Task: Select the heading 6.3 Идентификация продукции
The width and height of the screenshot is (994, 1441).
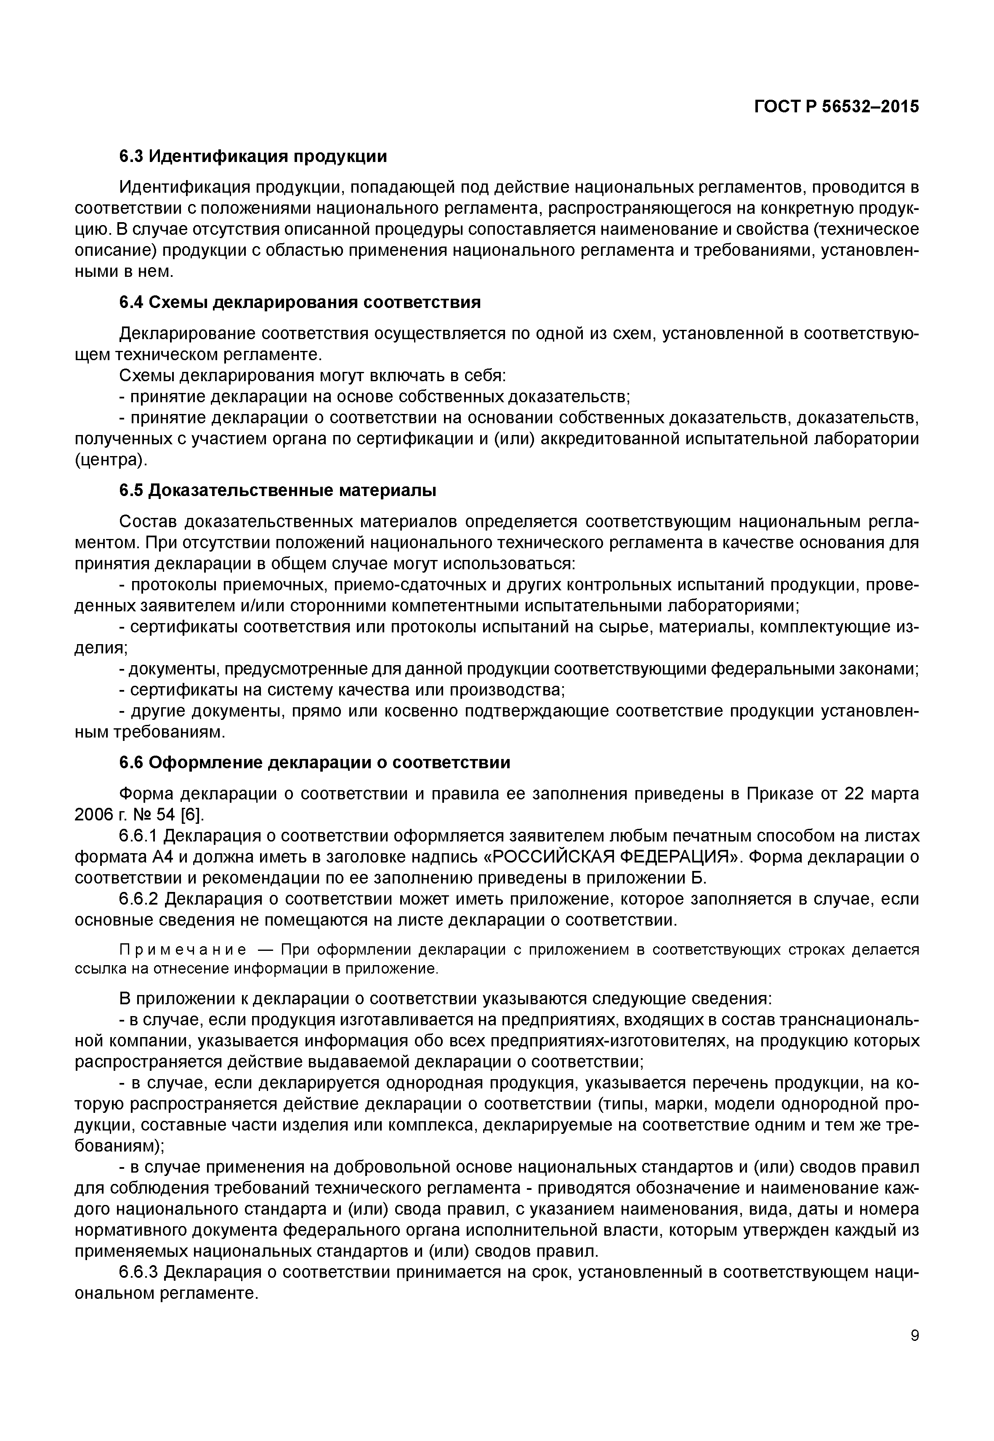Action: click(x=253, y=157)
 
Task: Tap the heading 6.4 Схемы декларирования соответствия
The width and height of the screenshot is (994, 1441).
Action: click(x=300, y=303)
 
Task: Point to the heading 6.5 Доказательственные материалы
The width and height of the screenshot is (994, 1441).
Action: click(x=278, y=491)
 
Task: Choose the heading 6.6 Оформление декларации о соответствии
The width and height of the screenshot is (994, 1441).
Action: click(x=314, y=763)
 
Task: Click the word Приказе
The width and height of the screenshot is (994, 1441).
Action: click(x=780, y=794)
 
